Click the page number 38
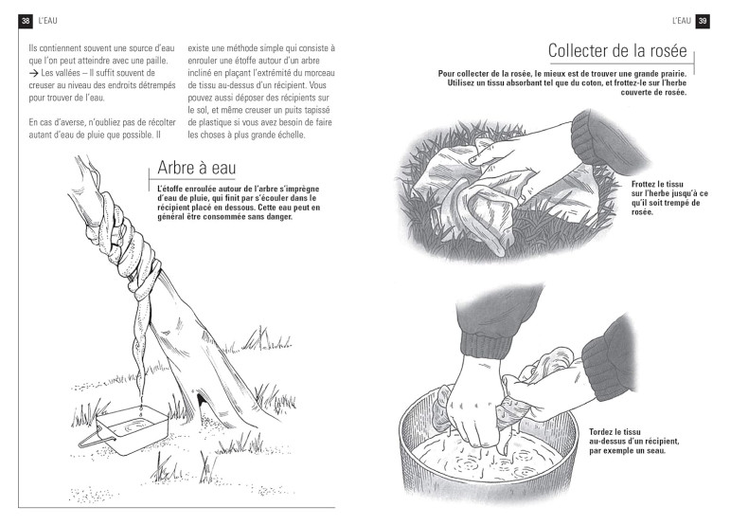[26, 21]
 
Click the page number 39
[703, 21]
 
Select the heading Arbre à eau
[197, 168]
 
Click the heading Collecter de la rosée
[617, 51]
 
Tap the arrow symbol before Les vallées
[33, 73]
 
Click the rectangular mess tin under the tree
[133, 430]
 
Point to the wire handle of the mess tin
[96, 439]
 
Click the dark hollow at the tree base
[204, 403]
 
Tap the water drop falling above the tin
[140, 409]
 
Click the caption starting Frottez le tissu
[669, 198]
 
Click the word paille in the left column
[157, 61]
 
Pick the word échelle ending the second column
[290, 136]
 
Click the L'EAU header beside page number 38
[48, 21]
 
